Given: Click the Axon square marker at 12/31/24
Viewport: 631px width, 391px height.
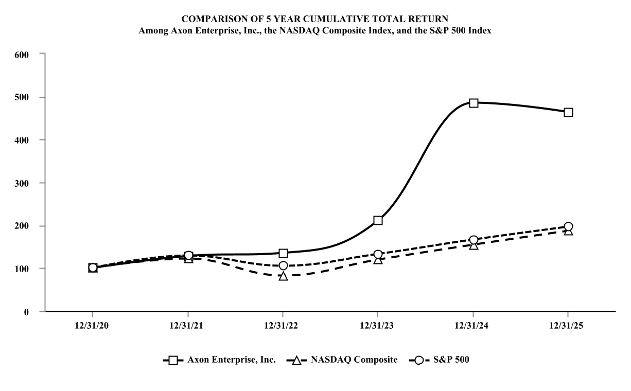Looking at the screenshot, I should (x=474, y=103).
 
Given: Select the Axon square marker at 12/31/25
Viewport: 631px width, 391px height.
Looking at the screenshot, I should (x=568, y=112).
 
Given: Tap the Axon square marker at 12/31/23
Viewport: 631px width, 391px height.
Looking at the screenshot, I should (x=378, y=220).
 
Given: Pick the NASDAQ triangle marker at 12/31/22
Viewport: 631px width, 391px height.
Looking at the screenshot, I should (x=283, y=276).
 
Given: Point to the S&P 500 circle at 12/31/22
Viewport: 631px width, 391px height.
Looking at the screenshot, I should (x=283, y=265).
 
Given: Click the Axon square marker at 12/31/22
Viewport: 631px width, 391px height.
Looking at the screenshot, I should (x=283, y=253).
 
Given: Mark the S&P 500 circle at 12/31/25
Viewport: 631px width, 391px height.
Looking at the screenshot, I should (x=568, y=226).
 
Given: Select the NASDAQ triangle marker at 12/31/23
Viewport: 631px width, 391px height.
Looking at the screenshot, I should (x=378, y=260).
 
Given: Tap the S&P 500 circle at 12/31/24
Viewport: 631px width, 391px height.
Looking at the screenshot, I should (x=474, y=240).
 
